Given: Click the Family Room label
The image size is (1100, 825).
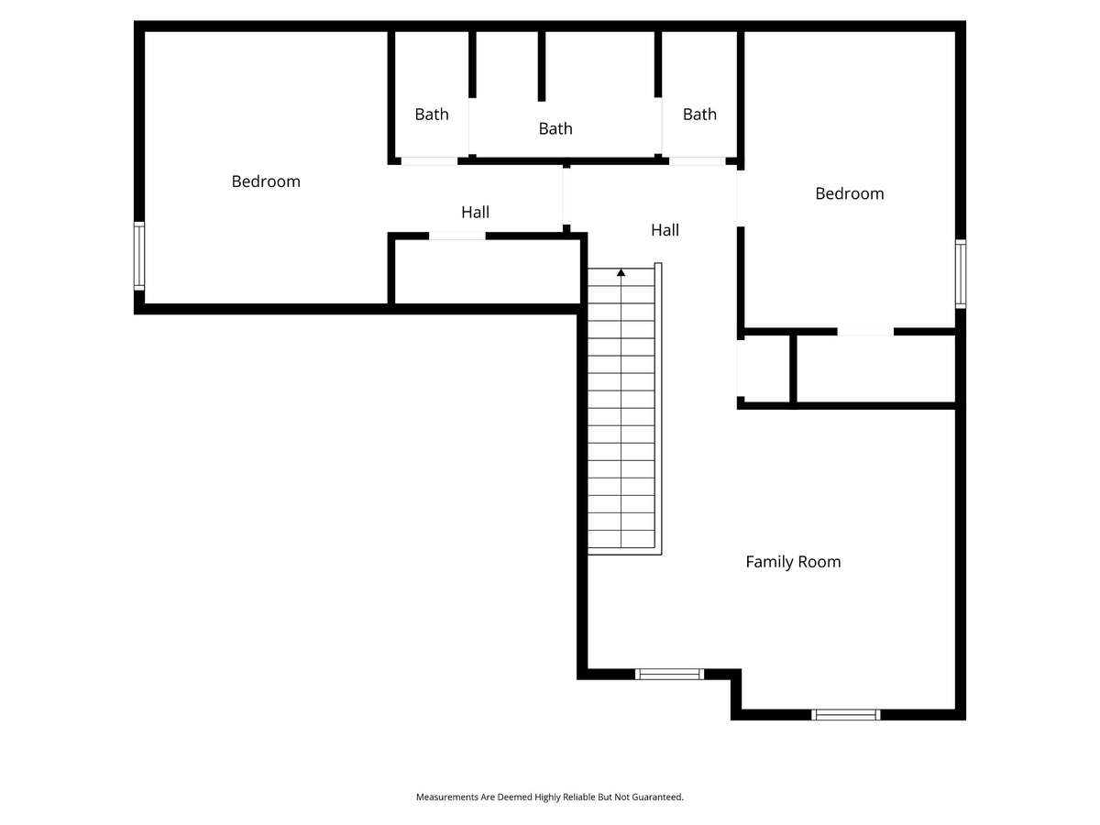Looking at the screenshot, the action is pyautogui.click(x=793, y=562).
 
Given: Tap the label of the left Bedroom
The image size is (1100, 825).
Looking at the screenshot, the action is pyautogui.click(x=266, y=181).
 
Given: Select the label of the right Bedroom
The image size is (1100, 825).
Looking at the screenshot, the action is pyautogui.click(x=850, y=193).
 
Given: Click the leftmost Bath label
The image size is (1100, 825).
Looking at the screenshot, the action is pyautogui.click(x=432, y=115).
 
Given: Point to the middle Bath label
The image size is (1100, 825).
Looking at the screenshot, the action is pyautogui.click(x=555, y=128).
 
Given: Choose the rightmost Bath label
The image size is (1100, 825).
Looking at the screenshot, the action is pyautogui.click(x=699, y=115).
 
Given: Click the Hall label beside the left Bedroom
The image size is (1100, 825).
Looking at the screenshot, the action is pyautogui.click(x=475, y=213).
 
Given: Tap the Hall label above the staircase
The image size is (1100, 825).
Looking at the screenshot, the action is pyautogui.click(x=665, y=230).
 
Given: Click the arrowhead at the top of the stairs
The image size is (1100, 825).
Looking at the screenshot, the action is pyautogui.click(x=621, y=272).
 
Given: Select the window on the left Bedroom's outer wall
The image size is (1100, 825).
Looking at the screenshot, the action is pyautogui.click(x=139, y=256).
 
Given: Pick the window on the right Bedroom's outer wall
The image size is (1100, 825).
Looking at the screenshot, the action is pyautogui.click(x=960, y=274).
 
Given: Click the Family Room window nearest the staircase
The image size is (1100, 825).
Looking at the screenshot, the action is pyautogui.click(x=669, y=675).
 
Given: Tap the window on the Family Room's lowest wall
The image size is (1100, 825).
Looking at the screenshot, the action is pyautogui.click(x=845, y=715).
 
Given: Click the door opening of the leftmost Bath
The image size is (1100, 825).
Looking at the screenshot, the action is pyautogui.click(x=429, y=161).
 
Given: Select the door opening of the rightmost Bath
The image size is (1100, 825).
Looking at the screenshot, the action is pyautogui.click(x=697, y=161).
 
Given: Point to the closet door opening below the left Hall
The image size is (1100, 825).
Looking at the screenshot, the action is pyautogui.click(x=457, y=236).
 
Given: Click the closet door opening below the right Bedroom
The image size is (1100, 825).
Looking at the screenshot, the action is pyautogui.click(x=865, y=332).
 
